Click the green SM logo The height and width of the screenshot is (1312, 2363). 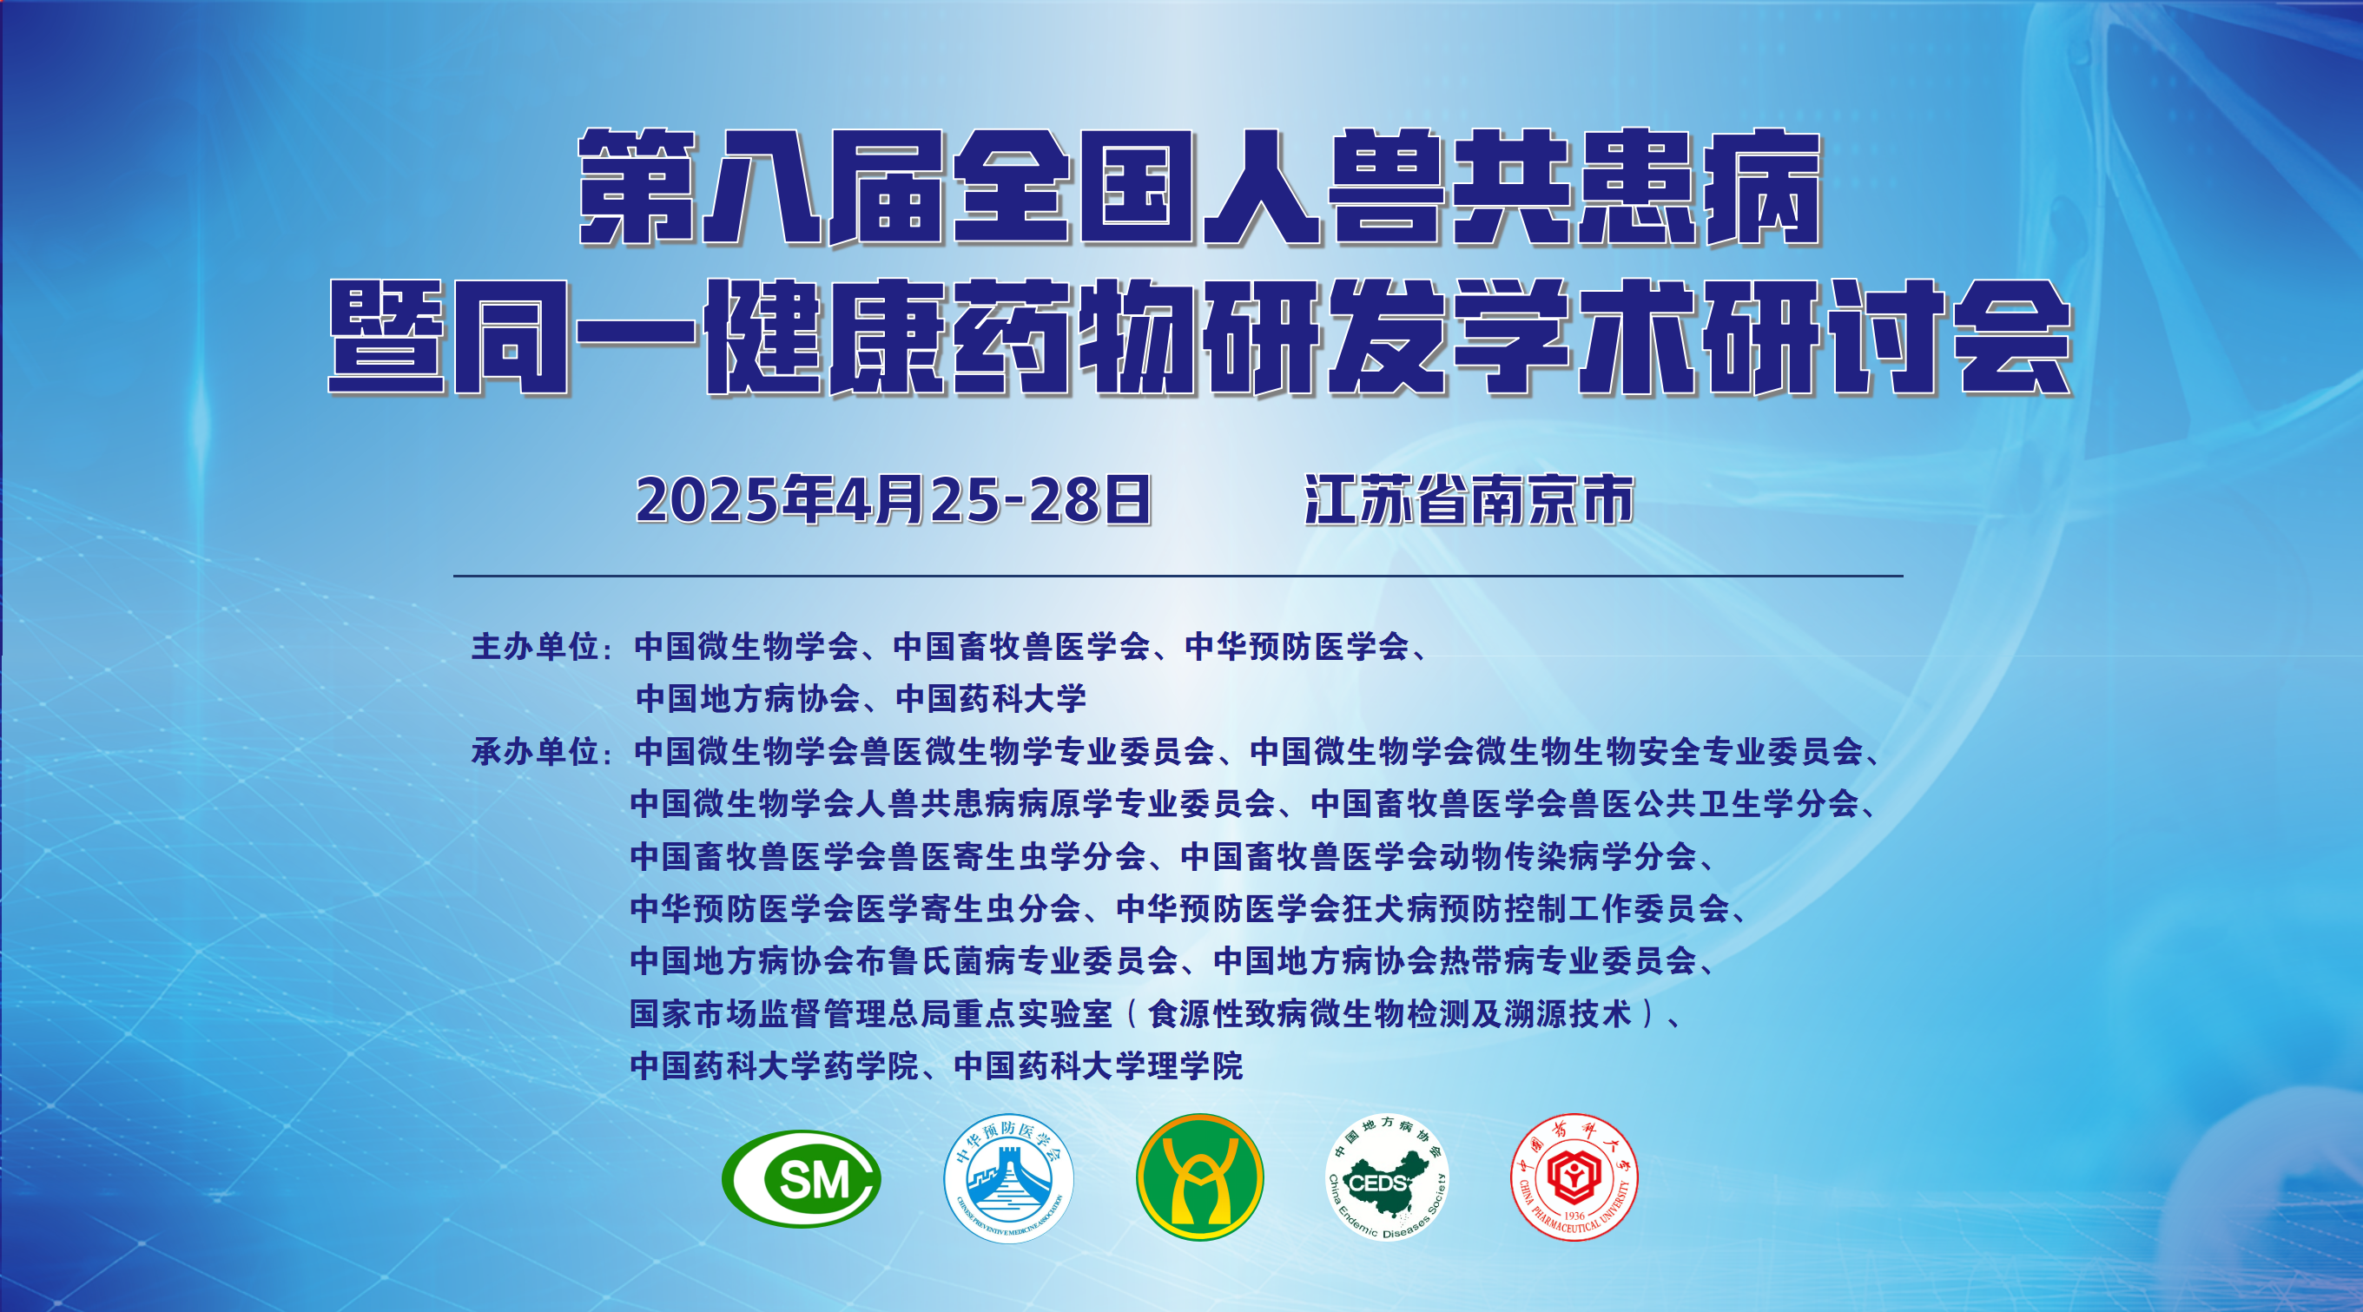point(801,1179)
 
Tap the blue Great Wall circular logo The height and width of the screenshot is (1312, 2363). point(1008,1179)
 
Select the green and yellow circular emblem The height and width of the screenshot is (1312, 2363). point(1199,1177)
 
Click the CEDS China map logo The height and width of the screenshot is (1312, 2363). point(1388,1177)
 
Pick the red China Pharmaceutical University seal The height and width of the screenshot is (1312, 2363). point(1574,1177)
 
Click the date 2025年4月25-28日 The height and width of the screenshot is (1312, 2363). point(893,500)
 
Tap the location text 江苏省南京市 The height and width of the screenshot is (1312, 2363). point(1469,500)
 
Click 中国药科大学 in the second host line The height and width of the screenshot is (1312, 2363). point(991,699)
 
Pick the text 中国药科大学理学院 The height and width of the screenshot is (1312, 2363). point(1099,1066)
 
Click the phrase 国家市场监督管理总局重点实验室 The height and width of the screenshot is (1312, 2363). point(870,1014)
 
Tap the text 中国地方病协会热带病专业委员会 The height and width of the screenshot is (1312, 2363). point(1455,961)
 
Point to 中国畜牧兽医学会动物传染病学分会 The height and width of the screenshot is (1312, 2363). point(1439,857)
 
